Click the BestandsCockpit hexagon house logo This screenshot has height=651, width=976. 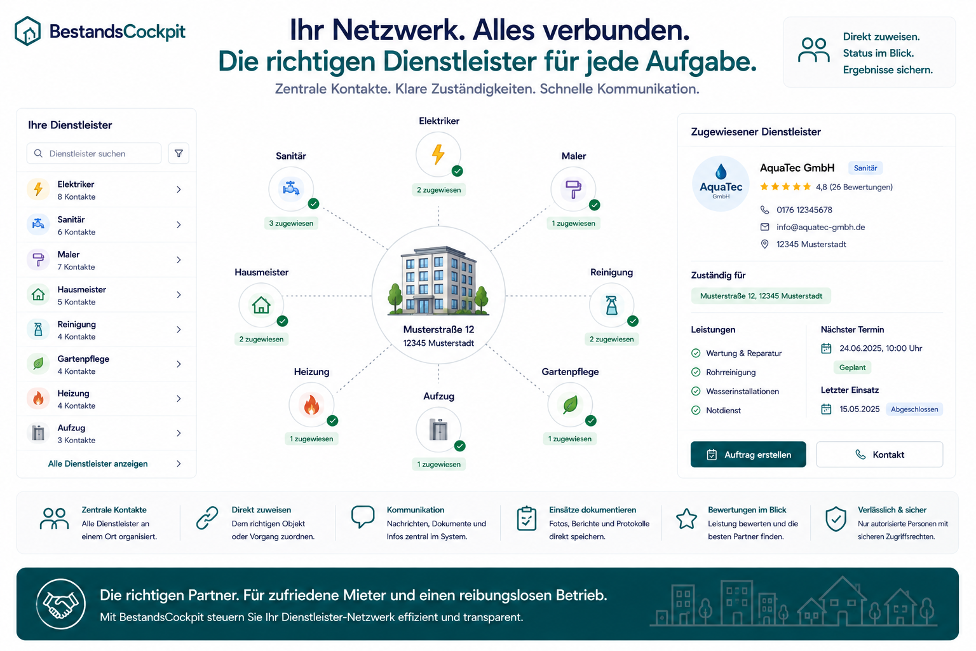tap(27, 31)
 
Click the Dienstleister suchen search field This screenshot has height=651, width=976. tap(93, 153)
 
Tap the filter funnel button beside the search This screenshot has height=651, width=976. tap(179, 153)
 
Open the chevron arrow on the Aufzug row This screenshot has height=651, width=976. tap(179, 434)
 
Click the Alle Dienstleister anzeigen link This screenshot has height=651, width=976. tap(98, 463)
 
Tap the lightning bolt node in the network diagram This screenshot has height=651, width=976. tap(438, 154)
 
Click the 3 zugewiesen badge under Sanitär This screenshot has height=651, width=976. tap(291, 223)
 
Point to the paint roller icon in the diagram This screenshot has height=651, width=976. tap(573, 189)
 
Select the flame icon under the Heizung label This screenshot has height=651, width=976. tap(311, 404)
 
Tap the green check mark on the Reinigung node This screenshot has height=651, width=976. tap(633, 321)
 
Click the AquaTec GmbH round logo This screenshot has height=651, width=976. tap(721, 184)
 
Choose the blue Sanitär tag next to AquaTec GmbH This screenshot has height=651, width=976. tap(865, 168)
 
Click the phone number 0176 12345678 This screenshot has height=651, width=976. tap(804, 210)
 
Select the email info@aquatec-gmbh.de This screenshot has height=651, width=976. tap(820, 227)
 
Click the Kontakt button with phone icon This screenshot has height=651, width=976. tap(879, 455)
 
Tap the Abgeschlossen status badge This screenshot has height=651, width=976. tap(914, 409)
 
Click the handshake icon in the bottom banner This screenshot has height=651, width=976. tap(60, 604)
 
